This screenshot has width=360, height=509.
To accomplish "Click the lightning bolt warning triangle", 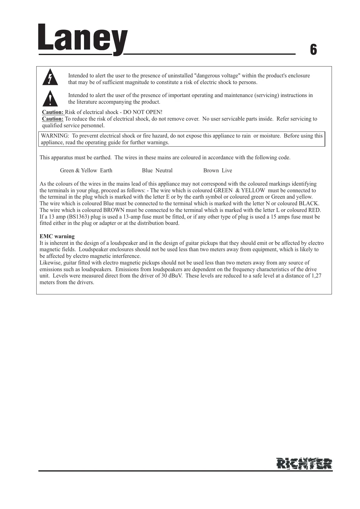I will pyautogui.click(x=50, y=77).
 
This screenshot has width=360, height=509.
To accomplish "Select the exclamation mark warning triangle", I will pyautogui.click(x=50, y=98).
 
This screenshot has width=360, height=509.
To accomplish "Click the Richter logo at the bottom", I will pyautogui.click(x=304, y=463).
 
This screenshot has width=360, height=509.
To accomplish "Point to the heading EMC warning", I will pyautogui.click(x=57, y=236).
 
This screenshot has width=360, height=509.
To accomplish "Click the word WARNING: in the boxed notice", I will pyautogui.click(x=55, y=136).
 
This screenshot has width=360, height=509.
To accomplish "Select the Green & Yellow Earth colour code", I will pyautogui.click(x=86, y=170).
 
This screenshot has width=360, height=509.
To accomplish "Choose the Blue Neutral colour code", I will pyautogui.click(x=157, y=170).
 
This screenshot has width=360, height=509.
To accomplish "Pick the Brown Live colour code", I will pyautogui.click(x=218, y=170).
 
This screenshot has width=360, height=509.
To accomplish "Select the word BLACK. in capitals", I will pyautogui.click(x=309, y=203).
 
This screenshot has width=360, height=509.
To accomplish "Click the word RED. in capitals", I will pyautogui.click(x=314, y=210).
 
